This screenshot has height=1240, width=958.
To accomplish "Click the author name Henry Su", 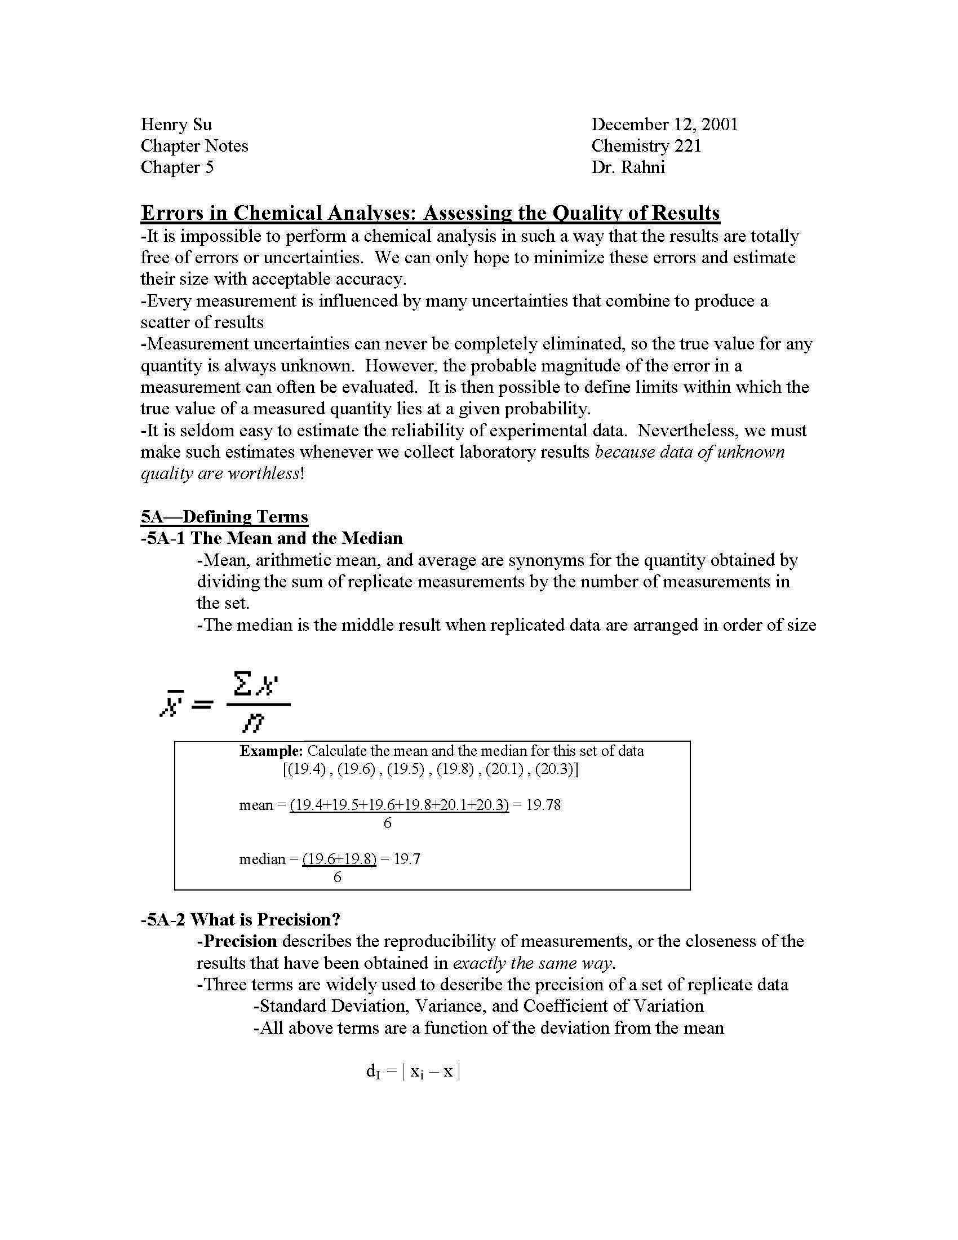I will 176,125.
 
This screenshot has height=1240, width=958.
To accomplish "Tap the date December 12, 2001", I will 664,125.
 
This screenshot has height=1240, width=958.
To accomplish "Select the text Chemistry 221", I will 646,146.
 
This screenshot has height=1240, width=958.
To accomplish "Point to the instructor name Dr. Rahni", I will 628,167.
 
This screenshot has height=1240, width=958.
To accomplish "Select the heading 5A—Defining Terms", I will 224,517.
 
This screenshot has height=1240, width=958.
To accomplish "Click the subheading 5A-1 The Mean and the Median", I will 271,538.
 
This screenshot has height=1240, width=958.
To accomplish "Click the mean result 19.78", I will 543,805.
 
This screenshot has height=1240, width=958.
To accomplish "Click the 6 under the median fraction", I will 337,877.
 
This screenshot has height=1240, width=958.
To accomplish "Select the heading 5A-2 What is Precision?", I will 240,920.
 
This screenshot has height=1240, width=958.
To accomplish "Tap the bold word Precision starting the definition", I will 240,941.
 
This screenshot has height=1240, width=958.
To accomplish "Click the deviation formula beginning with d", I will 413,1072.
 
